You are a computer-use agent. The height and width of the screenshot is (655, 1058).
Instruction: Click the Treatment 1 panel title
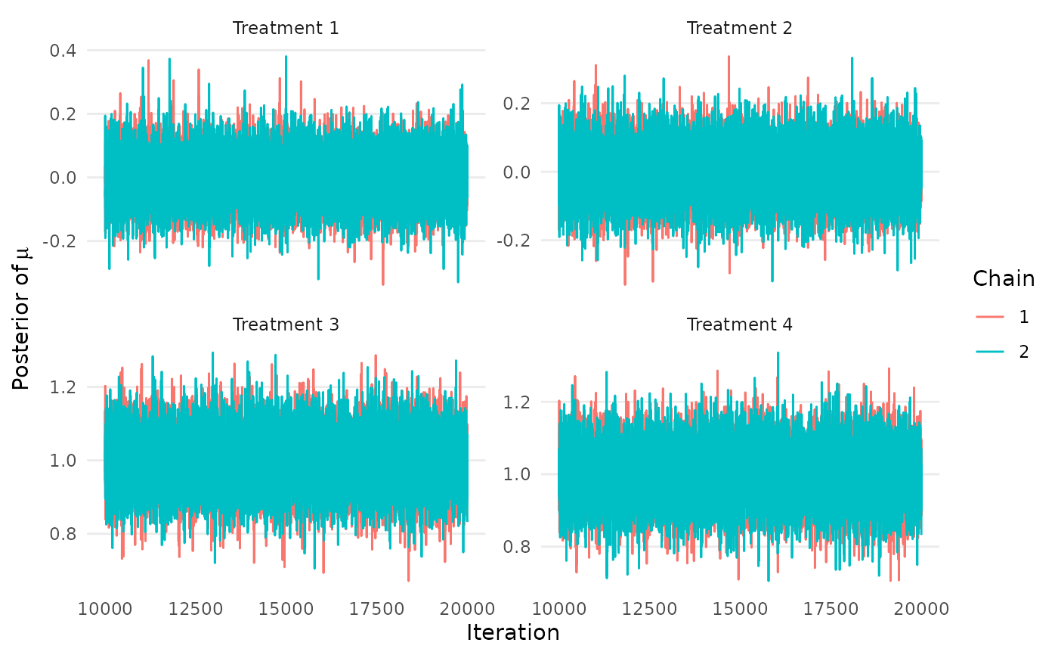point(286,29)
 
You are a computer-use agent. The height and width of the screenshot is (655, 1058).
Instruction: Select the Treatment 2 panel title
point(739,29)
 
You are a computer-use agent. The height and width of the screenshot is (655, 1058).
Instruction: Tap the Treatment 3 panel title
point(286,324)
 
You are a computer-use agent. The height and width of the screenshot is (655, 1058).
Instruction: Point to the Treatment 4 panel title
point(739,324)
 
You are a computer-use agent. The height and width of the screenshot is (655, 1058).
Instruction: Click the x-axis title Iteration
point(513,633)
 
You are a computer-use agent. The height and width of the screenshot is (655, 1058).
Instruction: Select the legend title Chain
point(1004,278)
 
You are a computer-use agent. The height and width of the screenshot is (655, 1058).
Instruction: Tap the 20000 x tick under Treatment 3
point(468,607)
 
